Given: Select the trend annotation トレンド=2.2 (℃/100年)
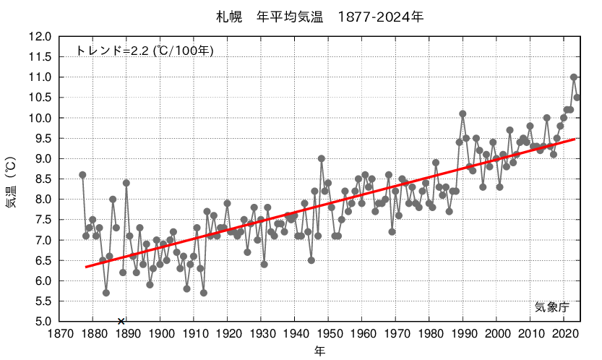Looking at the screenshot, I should (145, 51).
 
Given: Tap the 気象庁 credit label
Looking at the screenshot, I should (553, 307).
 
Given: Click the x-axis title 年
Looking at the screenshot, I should (319, 351).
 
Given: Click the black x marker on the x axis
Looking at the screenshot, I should (121, 321).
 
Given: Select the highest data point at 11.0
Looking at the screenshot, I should (574, 77).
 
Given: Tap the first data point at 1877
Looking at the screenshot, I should (82, 174).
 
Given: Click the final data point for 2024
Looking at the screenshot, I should (577, 98).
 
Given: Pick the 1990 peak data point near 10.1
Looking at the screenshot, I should (463, 113).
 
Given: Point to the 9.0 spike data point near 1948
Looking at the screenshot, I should (321, 158).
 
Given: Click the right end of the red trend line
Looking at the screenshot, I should (575, 139).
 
